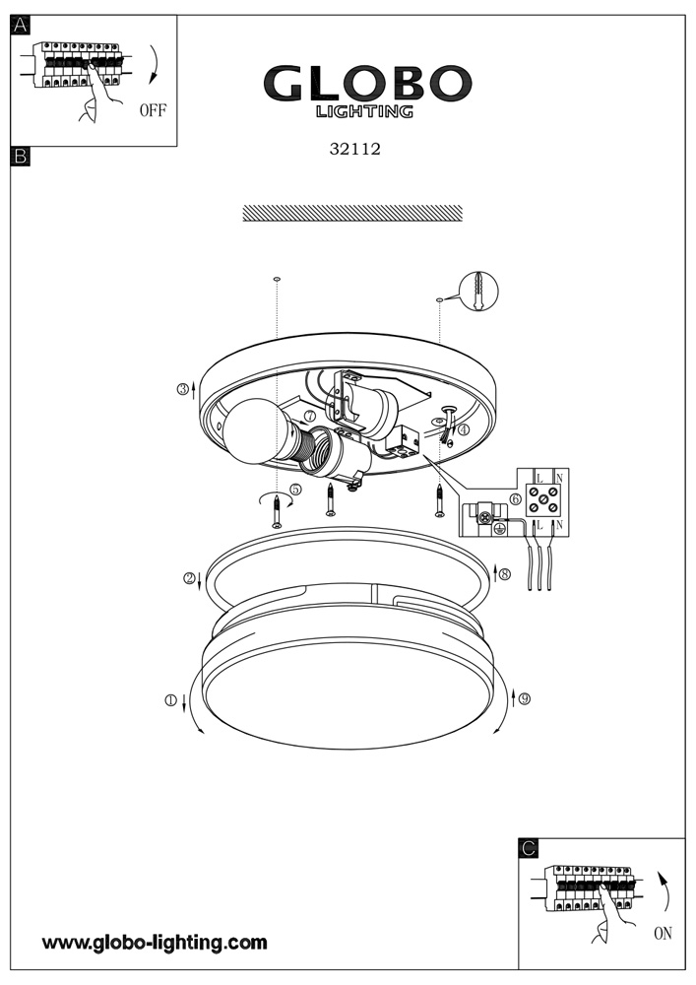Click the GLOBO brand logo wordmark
point(367,83)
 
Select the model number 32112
point(355,149)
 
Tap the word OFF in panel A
point(153,110)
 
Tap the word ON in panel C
point(663,933)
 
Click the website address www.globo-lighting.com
point(155,943)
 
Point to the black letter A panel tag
point(21,26)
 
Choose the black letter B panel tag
point(21,156)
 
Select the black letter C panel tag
point(529,848)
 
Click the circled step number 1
point(170,699)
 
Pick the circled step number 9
point(525,698)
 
